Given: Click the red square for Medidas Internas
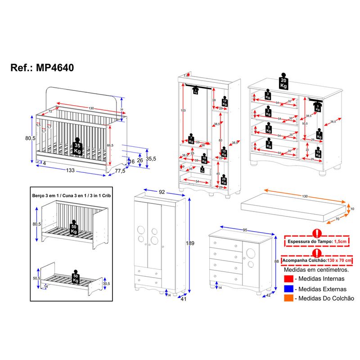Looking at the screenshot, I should tap(289, 279).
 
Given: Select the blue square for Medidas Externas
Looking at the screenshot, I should tap(289, 289).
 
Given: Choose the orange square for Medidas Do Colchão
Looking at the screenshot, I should tap(289, 298).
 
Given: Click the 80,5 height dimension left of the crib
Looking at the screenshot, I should tap(31, 138).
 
